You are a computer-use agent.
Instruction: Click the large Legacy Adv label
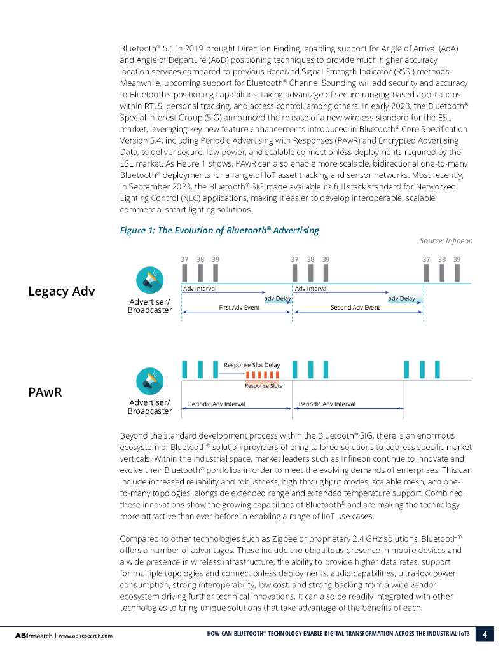[61, 291]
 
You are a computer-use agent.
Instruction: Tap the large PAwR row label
[45, 392]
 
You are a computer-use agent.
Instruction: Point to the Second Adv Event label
[355, 307]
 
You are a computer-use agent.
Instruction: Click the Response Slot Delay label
[252, 365]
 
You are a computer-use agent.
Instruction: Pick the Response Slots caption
[263, 386]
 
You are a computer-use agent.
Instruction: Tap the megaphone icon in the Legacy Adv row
[150, 280]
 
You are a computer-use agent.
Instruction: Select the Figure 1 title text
[219, 230]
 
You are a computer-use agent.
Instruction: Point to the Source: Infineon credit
[446, 240]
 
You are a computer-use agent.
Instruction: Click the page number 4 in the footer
[485, 634]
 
